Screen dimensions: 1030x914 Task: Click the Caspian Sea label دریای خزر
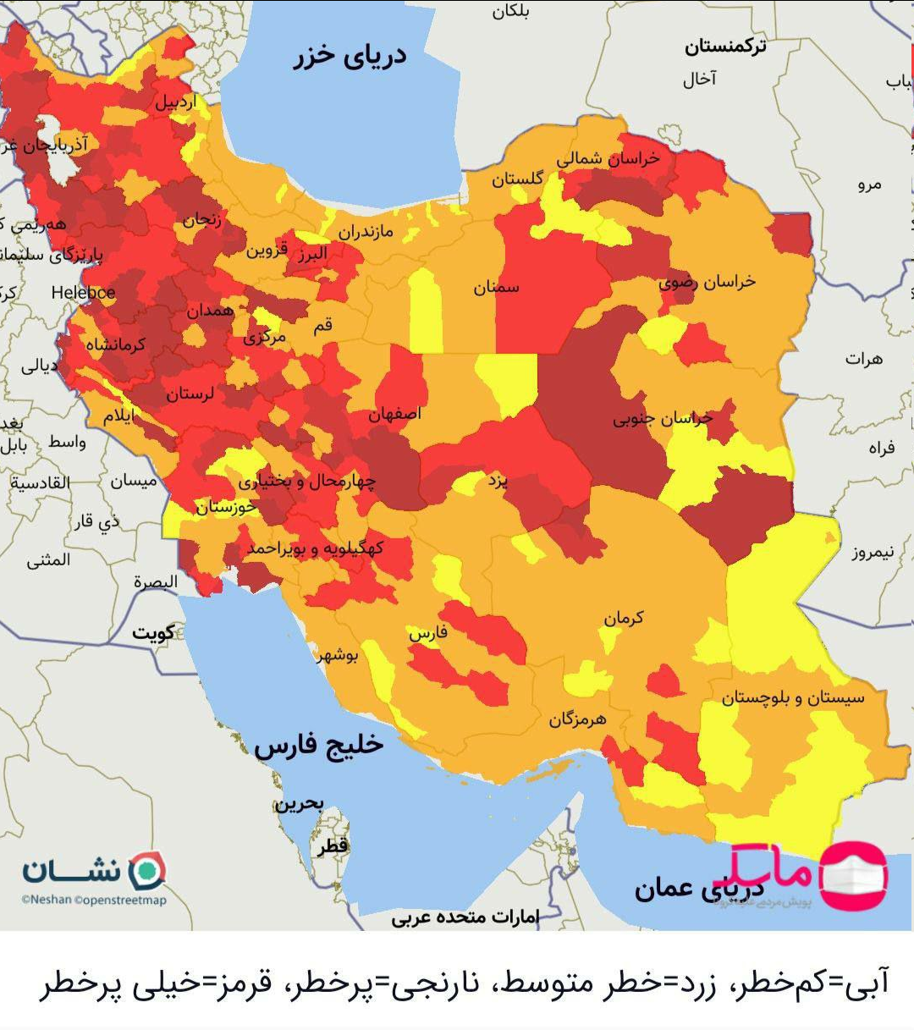350,56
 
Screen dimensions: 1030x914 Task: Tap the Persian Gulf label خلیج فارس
319,746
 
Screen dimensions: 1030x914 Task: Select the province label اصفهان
394,414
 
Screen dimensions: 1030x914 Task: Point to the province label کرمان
624,618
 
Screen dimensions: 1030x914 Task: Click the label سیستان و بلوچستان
793,697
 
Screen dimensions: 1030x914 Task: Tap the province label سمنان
496,288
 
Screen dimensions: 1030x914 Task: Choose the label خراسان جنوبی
663,418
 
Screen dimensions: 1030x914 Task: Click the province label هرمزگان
577,719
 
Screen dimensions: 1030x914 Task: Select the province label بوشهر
338,654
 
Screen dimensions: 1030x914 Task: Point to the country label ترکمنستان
725,47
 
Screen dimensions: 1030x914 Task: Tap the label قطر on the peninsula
333,845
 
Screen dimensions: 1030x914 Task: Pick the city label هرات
863,359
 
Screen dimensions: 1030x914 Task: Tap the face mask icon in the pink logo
853,875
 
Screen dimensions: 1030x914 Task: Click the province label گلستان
517,179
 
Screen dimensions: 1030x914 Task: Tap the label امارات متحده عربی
465,917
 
